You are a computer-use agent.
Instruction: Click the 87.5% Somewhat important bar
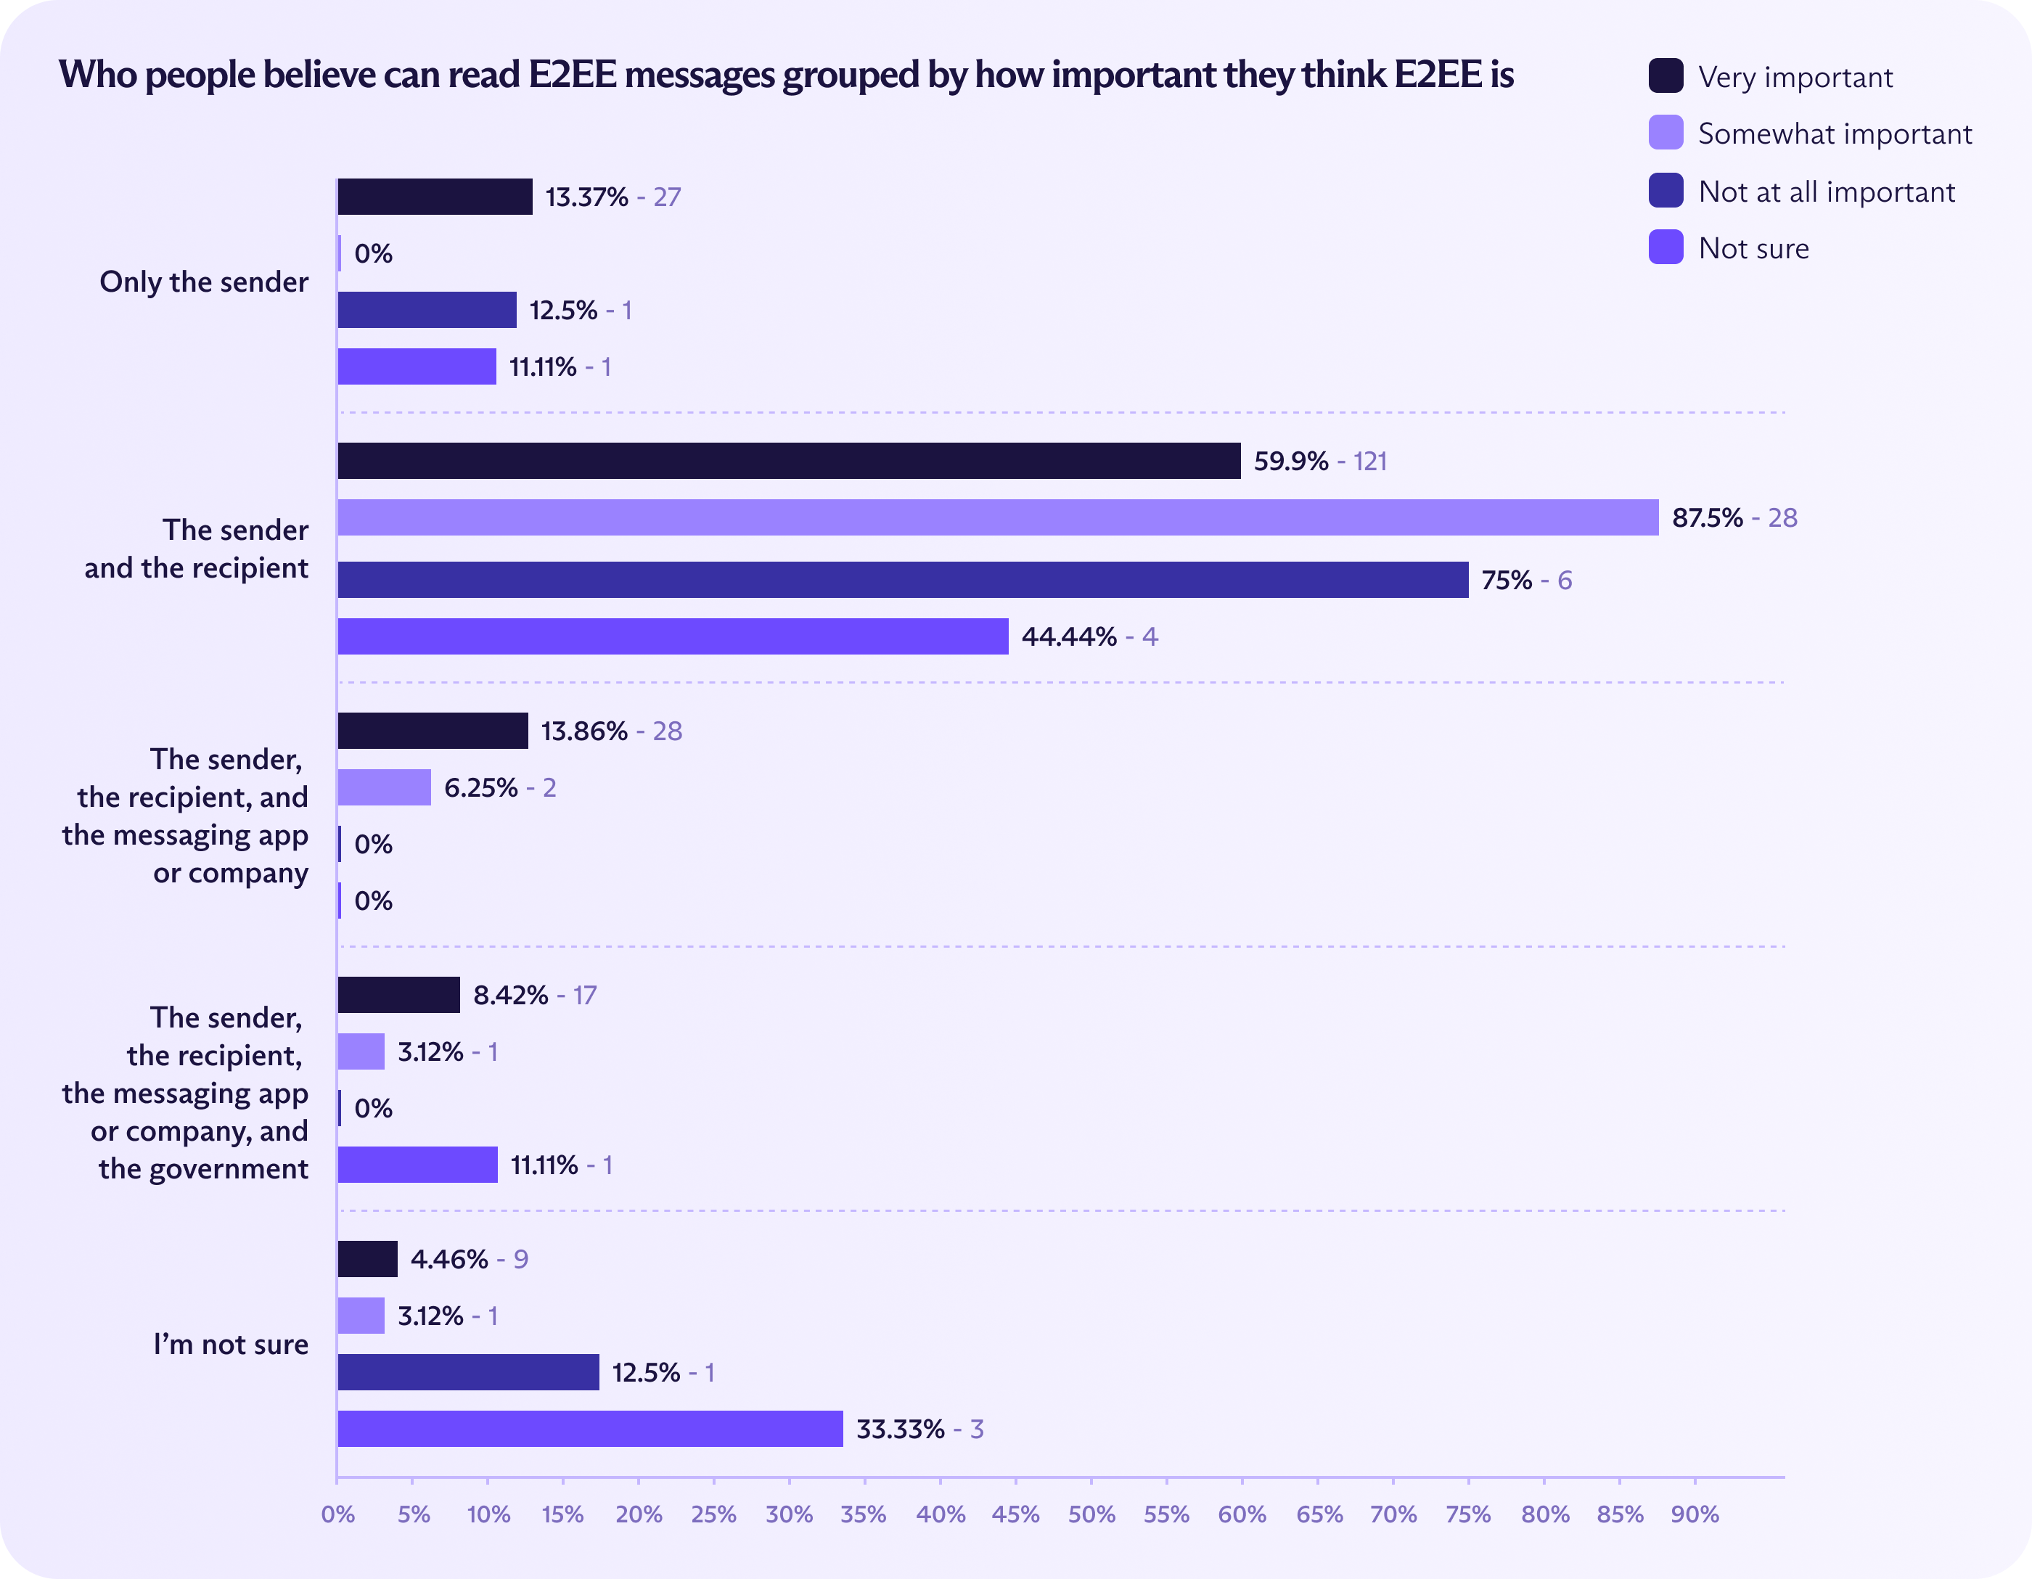(997, 517)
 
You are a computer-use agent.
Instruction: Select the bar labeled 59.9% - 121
(789, 461)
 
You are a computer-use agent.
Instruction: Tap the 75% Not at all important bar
(903, 580)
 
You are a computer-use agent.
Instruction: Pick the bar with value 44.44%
(673, 636)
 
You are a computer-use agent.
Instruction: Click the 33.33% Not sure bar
(590, 1428)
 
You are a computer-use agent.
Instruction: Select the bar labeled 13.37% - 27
(435, 197)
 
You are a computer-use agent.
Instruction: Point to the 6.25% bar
(384, 787)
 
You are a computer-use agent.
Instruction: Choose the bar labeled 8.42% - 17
(398, 995)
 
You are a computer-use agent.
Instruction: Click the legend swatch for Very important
(1666, 76)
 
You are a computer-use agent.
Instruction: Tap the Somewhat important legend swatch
(1666, 133)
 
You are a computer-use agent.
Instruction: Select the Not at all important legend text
(1827, 192)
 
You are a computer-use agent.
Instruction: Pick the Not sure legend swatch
(1666, 247)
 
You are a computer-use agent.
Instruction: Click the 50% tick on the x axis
(1091, 1514)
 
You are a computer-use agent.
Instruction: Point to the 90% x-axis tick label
(1695, 1514)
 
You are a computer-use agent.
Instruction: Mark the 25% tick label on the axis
(713, 1514)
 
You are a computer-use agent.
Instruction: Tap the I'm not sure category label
(231, 1345)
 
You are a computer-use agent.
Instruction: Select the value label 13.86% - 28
(611, 731)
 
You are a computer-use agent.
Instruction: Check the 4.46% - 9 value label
(469, 1259)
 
